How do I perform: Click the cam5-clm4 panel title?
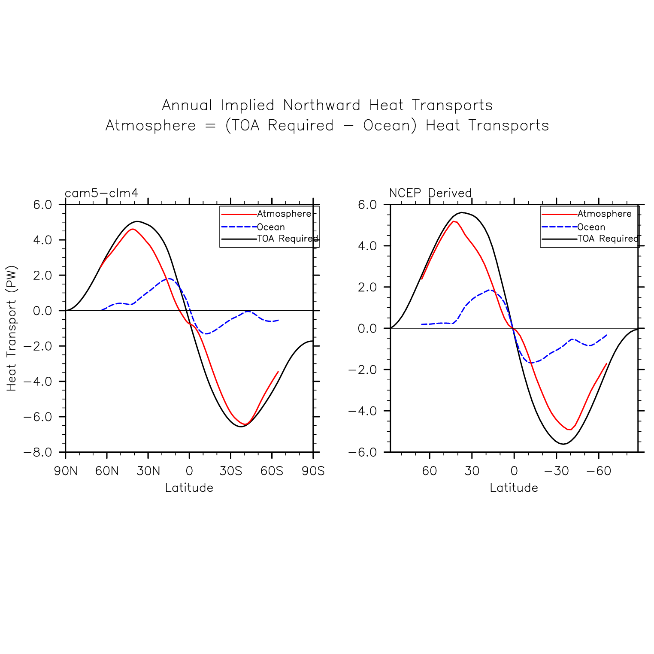(102, 193)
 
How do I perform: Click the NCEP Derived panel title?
(430, 193)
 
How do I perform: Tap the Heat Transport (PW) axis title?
(12, 328)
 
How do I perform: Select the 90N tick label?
(66, 471)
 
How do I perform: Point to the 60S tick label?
(272, 471)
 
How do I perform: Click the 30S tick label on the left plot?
(230, 471)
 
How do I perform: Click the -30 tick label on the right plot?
(556, 471)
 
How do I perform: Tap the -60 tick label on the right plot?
(598, 471)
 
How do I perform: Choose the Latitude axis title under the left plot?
(189, 488)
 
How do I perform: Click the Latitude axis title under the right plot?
(514, 488)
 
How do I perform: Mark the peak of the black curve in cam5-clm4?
(137, 221)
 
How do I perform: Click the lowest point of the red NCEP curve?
(569, 430)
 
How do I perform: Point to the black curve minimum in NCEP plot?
(564, 444)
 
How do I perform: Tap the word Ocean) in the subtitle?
(390, 125)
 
